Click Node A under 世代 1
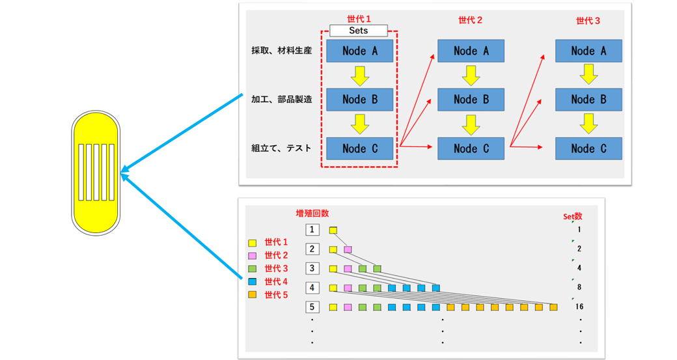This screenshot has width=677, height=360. pyautogui.click(x=359, y=51)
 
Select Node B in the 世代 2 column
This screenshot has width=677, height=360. pyautogui.click(x=471, y=100)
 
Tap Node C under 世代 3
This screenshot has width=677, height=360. pyautogui.click(x=588, y=148)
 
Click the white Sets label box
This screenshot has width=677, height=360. pyautogui.click(x=359, y=30)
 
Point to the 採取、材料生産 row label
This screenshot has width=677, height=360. pyautogui.click(x=281, y=51)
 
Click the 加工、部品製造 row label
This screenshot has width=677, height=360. pyautogui.click(x=281, y=100)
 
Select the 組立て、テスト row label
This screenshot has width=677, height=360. pyautogui.click(x=281, y=148)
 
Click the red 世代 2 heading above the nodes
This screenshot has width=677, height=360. pyautogui.click(x=471, y=20)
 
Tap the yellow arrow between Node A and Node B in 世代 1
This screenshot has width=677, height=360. pyautogui.click(x=359, y=76)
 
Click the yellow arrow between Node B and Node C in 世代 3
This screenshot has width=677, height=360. pyautogui.click(x=588, y=124)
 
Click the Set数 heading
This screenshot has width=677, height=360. pyautogui.click(x=572, y=216)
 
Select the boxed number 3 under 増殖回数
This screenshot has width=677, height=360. pyautogui.click(x=312, y=268)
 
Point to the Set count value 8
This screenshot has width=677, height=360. pyautogui.click(x=578, y=287)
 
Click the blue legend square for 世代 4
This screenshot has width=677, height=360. pyautogui.click(x=253, y=281)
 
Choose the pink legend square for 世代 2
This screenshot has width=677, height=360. pyautogui.click(x=253, y=255)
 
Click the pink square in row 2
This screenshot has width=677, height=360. pyautogui.click(x=348, y=249)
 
